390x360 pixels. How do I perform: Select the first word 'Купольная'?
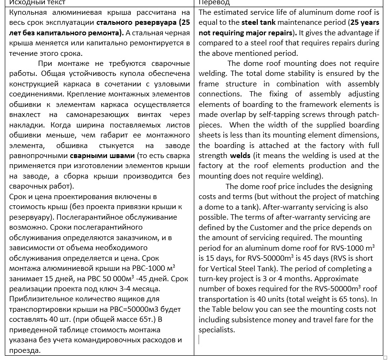pos(30,12)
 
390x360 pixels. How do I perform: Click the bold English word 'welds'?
pos(240,156)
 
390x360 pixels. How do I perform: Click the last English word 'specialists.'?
pos(216,329)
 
